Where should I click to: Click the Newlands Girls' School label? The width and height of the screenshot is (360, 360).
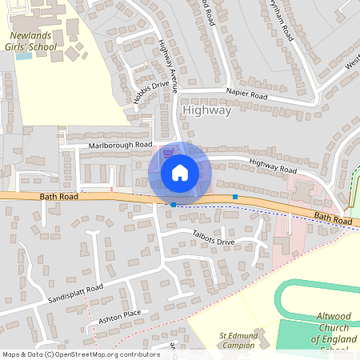click(x=33, y=42)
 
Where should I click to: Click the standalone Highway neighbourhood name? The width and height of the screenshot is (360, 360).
click(x=206, y=110)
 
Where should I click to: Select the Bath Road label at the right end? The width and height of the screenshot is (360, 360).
click(x=333, y=218)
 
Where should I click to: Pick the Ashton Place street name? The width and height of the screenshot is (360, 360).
click(x=119, y=314)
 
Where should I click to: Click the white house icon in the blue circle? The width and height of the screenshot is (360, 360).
click(x=180, y=172)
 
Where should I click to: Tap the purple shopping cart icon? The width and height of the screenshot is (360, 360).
click(x=168, y=153)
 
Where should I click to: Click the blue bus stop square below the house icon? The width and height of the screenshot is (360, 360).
click(x=174, y=205)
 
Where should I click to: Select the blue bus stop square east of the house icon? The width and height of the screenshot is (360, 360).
click(x=235, y=196)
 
